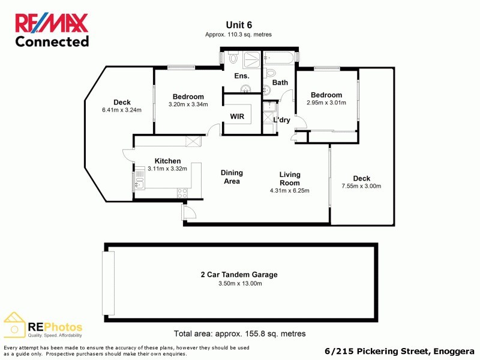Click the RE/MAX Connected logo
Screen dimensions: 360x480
(52, 30)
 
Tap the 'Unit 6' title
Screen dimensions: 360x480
(239, 25)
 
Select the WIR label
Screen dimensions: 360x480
(237, 116)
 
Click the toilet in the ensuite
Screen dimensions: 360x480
(233, 58)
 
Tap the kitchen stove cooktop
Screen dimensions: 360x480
(182, 192)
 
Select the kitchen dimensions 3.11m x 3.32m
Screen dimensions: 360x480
(167, 169)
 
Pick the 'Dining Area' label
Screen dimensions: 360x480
(232, 177)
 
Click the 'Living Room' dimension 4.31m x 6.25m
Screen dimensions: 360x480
(289, 191)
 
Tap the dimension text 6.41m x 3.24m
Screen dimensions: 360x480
(122, 110)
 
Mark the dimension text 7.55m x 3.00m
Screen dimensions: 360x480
(361, 186)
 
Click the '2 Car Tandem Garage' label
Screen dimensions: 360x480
(239, 275)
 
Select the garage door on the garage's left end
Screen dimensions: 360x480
(108, 283)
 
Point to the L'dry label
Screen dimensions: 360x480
(281, 120)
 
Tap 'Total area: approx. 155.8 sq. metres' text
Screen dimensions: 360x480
(239, 334)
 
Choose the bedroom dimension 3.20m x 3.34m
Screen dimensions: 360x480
(188, 104)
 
